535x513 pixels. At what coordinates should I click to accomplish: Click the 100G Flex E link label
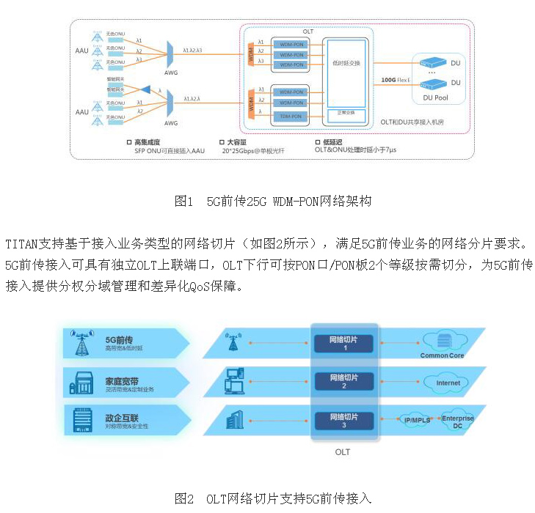pyautogui.click(x=393, y=79)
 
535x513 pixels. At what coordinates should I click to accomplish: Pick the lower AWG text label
pyautogui.click(x=171, y=122)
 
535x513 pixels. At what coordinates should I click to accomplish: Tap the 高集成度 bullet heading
pyautogui.click(x=147, y=141)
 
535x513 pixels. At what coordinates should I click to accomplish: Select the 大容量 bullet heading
pyautogui.click(x=233, y=141)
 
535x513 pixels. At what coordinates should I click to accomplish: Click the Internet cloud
pyautogui.click(x=448, y=382)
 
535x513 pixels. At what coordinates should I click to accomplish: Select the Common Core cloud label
pyautogui.click(x=442, y=355)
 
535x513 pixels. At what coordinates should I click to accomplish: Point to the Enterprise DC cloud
pyautogui.click(x=457, y=421)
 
